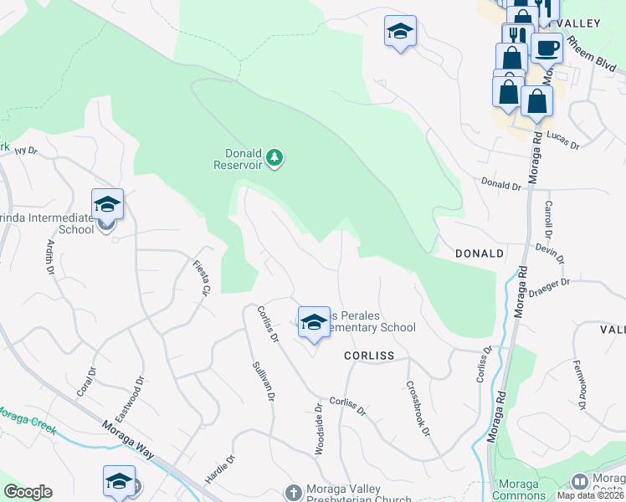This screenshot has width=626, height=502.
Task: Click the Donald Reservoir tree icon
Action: point(275,157)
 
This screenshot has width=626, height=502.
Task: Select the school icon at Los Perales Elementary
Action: point(313,322)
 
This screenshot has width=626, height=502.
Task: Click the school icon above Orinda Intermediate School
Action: point(107,203)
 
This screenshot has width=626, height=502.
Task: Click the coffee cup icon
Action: point(546,48)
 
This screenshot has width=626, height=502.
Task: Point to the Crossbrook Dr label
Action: point(417,408)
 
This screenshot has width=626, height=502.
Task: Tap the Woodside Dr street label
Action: point(319,431)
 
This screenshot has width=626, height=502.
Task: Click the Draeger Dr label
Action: point(549,288)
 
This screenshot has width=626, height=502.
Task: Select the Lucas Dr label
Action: point(562,139)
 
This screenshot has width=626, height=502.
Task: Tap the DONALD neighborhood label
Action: point(479,253)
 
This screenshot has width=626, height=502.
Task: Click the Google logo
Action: point(28,492)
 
